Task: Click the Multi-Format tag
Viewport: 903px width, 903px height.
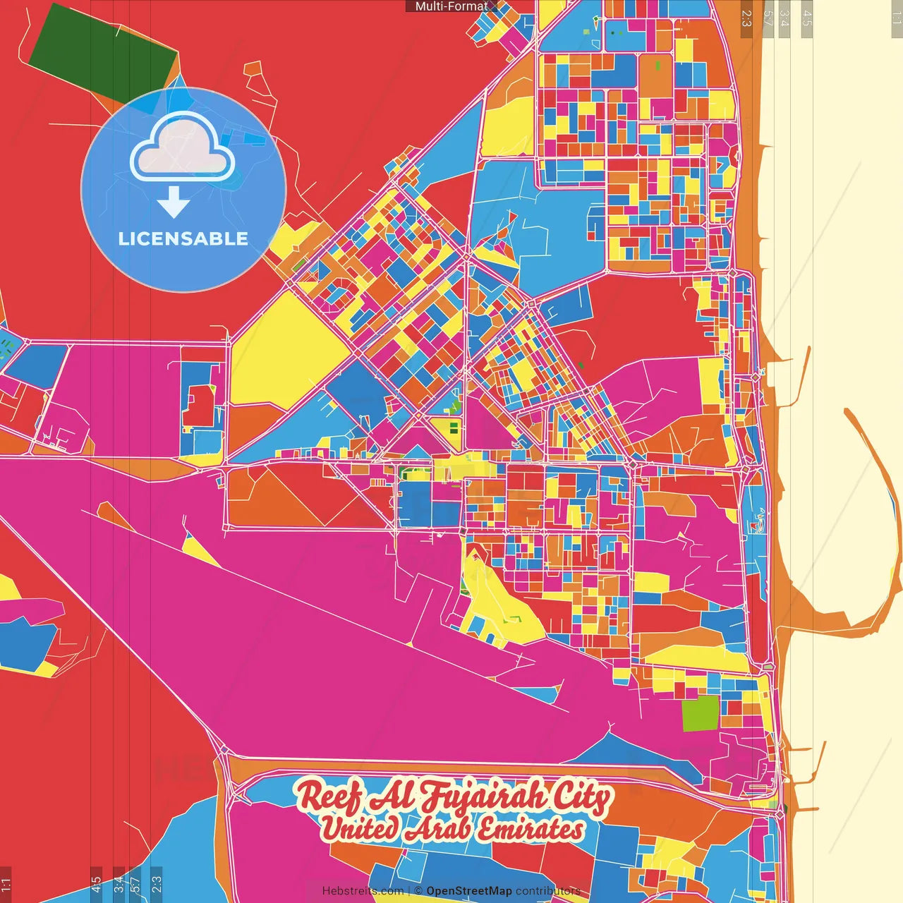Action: pyautogui.click(x=451, y=6)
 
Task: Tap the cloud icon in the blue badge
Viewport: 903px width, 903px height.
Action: pyautogui.click(x=183, y=146)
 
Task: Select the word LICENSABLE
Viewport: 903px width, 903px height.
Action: pyautogui.click(x=183, y=238)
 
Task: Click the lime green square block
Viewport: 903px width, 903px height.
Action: pyautogui.click(x=701, y=713)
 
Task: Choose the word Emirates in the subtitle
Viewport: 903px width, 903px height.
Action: pyautogui.click(x=530, y=830)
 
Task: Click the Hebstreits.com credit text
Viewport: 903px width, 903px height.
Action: pyautogui.click(x=363, y=891)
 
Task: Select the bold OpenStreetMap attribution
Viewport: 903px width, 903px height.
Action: pyautogui.click(x=469, y=891)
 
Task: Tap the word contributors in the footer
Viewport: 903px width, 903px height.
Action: pyautogui.click(x=547, y=891)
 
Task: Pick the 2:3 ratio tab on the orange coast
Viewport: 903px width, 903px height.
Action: pyautogui.click(x=746, y=18)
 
